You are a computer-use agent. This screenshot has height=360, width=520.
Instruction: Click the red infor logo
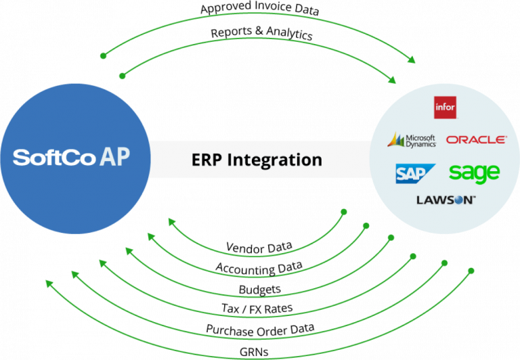(445, 108)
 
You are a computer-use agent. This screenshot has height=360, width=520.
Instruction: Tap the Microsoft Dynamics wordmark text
(420, 140)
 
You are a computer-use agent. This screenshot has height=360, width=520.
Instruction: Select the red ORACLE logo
(476, 139)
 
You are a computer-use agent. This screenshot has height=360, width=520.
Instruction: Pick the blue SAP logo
(414, 173)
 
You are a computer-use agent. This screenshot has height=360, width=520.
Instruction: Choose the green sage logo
(474, 173)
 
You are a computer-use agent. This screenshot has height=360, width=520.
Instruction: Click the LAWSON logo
(446, 200)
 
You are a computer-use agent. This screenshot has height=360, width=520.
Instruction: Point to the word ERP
(207, 160)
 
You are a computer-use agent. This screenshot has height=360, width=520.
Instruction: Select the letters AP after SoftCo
(114, 157)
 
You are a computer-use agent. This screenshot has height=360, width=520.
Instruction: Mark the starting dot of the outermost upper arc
(102, 55)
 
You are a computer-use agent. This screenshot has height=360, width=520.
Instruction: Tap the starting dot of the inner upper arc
(122, 76)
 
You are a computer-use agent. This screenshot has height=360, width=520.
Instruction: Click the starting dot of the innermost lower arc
(343, 212)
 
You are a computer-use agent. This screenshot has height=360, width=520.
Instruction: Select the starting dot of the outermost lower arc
(472, 271)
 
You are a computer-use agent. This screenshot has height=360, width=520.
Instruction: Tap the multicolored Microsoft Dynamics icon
(395, 140)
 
